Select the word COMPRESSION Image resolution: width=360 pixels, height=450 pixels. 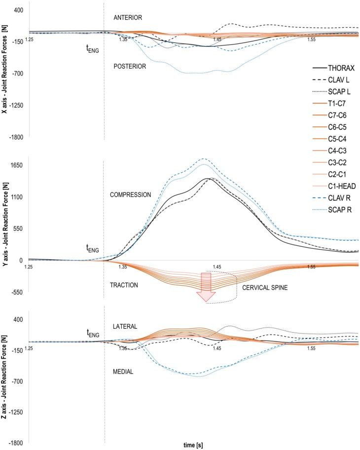(x=130, y=195)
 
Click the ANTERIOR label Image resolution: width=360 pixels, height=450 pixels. (x=128, y=18)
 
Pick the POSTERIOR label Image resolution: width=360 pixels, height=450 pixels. (x=130, y=66)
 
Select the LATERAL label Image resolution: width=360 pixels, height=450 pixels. (x=125, y=327)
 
